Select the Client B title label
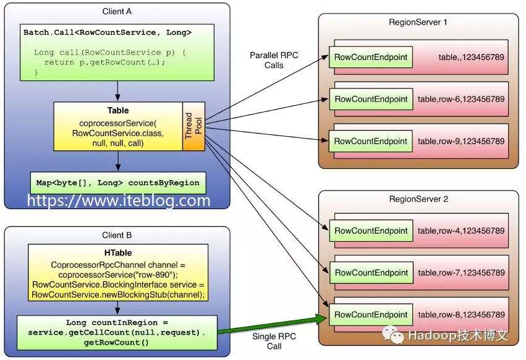click(x=117, y=235)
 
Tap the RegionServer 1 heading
click(x=418, y=22)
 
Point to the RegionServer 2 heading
click(x=418, y=199)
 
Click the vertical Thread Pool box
click(x=193, y=126)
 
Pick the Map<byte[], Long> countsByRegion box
click(x=118, y=182)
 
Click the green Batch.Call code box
click(x=117, y=52)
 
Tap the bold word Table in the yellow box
click(x=117, y=110)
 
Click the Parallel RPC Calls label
click(x=274, y=60)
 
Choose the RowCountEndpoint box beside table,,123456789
click(x=370, y=58)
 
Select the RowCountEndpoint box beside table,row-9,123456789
click(x=370, y=141)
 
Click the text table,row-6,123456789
click(x=461, y=99)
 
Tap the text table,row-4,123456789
click(x=461, y=231)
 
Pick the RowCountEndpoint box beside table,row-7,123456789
click(x=370, y=273)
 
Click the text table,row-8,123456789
click(x=461, y=315)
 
